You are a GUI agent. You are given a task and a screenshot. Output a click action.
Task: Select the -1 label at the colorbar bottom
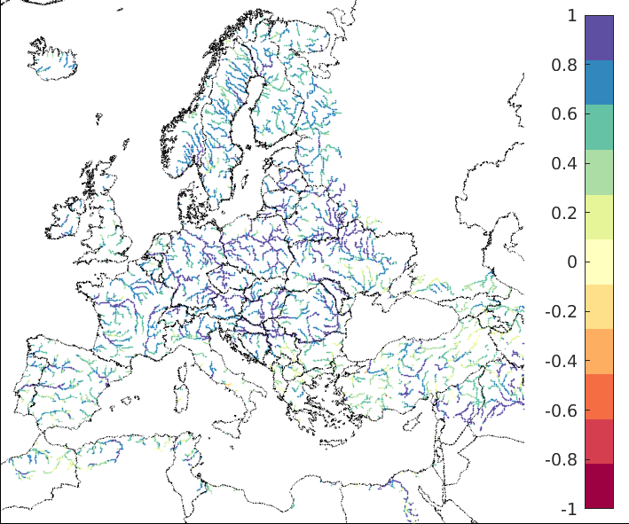tap(567, 510)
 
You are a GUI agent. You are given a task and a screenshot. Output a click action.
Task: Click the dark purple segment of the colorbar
tap(599, 37)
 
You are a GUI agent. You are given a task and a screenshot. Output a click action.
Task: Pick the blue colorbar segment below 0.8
tap(599, 82)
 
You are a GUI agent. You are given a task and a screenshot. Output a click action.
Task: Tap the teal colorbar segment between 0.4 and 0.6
tap(599, 127)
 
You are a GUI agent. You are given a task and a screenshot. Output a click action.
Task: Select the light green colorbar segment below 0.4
tap(599, 172)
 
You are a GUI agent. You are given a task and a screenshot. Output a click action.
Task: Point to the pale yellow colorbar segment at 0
tap(599, 262)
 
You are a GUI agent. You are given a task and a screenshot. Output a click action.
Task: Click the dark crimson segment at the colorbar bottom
tap(599, 486)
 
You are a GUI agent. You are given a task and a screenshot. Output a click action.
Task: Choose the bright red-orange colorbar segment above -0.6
tap(599, 396)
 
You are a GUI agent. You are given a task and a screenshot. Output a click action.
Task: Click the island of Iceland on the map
tap(53, 57)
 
